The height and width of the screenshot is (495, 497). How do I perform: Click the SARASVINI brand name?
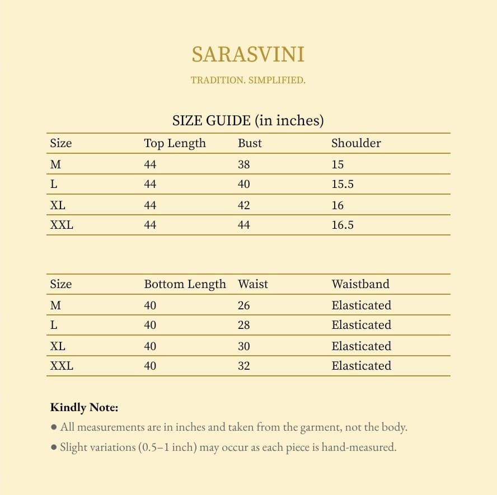tap(248, 55)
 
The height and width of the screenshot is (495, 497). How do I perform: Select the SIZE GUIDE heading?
tap(248, 120)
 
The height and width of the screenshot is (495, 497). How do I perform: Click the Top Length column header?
tap(175, 143)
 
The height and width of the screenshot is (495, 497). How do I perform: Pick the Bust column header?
tap(250, 143)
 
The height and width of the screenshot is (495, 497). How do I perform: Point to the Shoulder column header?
tap(356, 143)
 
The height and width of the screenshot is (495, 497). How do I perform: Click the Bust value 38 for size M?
tap(243, 164)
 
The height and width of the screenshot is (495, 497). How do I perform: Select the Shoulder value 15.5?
tap(342, 184)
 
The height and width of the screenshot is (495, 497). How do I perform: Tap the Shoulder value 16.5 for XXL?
tap(342, 225)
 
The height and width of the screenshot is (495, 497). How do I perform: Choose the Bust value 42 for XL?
tap(243, 205)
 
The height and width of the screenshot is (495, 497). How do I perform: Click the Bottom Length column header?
tap(185, 284)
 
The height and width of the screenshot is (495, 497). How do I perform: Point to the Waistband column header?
tap(360, 284)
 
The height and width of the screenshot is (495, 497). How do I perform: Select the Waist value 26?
tap(243, 305)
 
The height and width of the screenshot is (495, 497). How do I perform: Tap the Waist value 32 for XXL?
tap(243, 366)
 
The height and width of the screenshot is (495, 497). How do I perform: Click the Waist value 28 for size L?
tap(243, 325)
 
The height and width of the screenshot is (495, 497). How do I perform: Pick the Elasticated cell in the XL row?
tap(361, 346)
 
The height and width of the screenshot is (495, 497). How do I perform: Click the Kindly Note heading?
tap(84, 407)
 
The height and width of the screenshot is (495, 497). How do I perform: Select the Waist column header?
tap(252, 284)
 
